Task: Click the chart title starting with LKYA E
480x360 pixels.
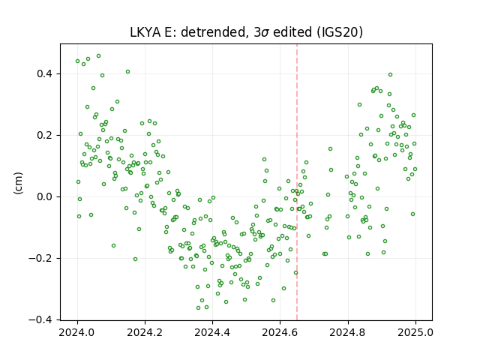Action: tap(247, 31)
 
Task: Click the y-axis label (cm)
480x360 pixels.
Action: tap(18, 183)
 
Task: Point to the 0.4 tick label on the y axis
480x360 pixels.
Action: tap(45, 74)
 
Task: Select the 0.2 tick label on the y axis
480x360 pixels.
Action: tap(45, 135)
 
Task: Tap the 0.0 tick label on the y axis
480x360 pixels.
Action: tap(45, 196)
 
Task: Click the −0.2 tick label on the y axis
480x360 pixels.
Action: tap(40, 258)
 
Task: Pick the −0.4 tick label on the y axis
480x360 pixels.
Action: tap(40, 319)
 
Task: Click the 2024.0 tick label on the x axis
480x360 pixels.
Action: tap(77, 332)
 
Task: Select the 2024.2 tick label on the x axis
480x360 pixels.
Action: tap(145, 332)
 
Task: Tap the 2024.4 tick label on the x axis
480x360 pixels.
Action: tap(212, 332)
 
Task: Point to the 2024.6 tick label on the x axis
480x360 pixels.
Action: tap(280, 332)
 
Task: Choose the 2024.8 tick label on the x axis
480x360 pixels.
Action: tap(348, 332)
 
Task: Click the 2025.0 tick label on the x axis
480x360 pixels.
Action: tap(415, 332)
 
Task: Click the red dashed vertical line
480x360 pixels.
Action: tap(297, 182)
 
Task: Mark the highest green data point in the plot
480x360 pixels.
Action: tap(98, 56)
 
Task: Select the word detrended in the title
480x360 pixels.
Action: tap(214, 32)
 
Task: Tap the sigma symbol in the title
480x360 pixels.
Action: tap(265, 33)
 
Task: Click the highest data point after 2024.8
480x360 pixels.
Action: tap(390, 75)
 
